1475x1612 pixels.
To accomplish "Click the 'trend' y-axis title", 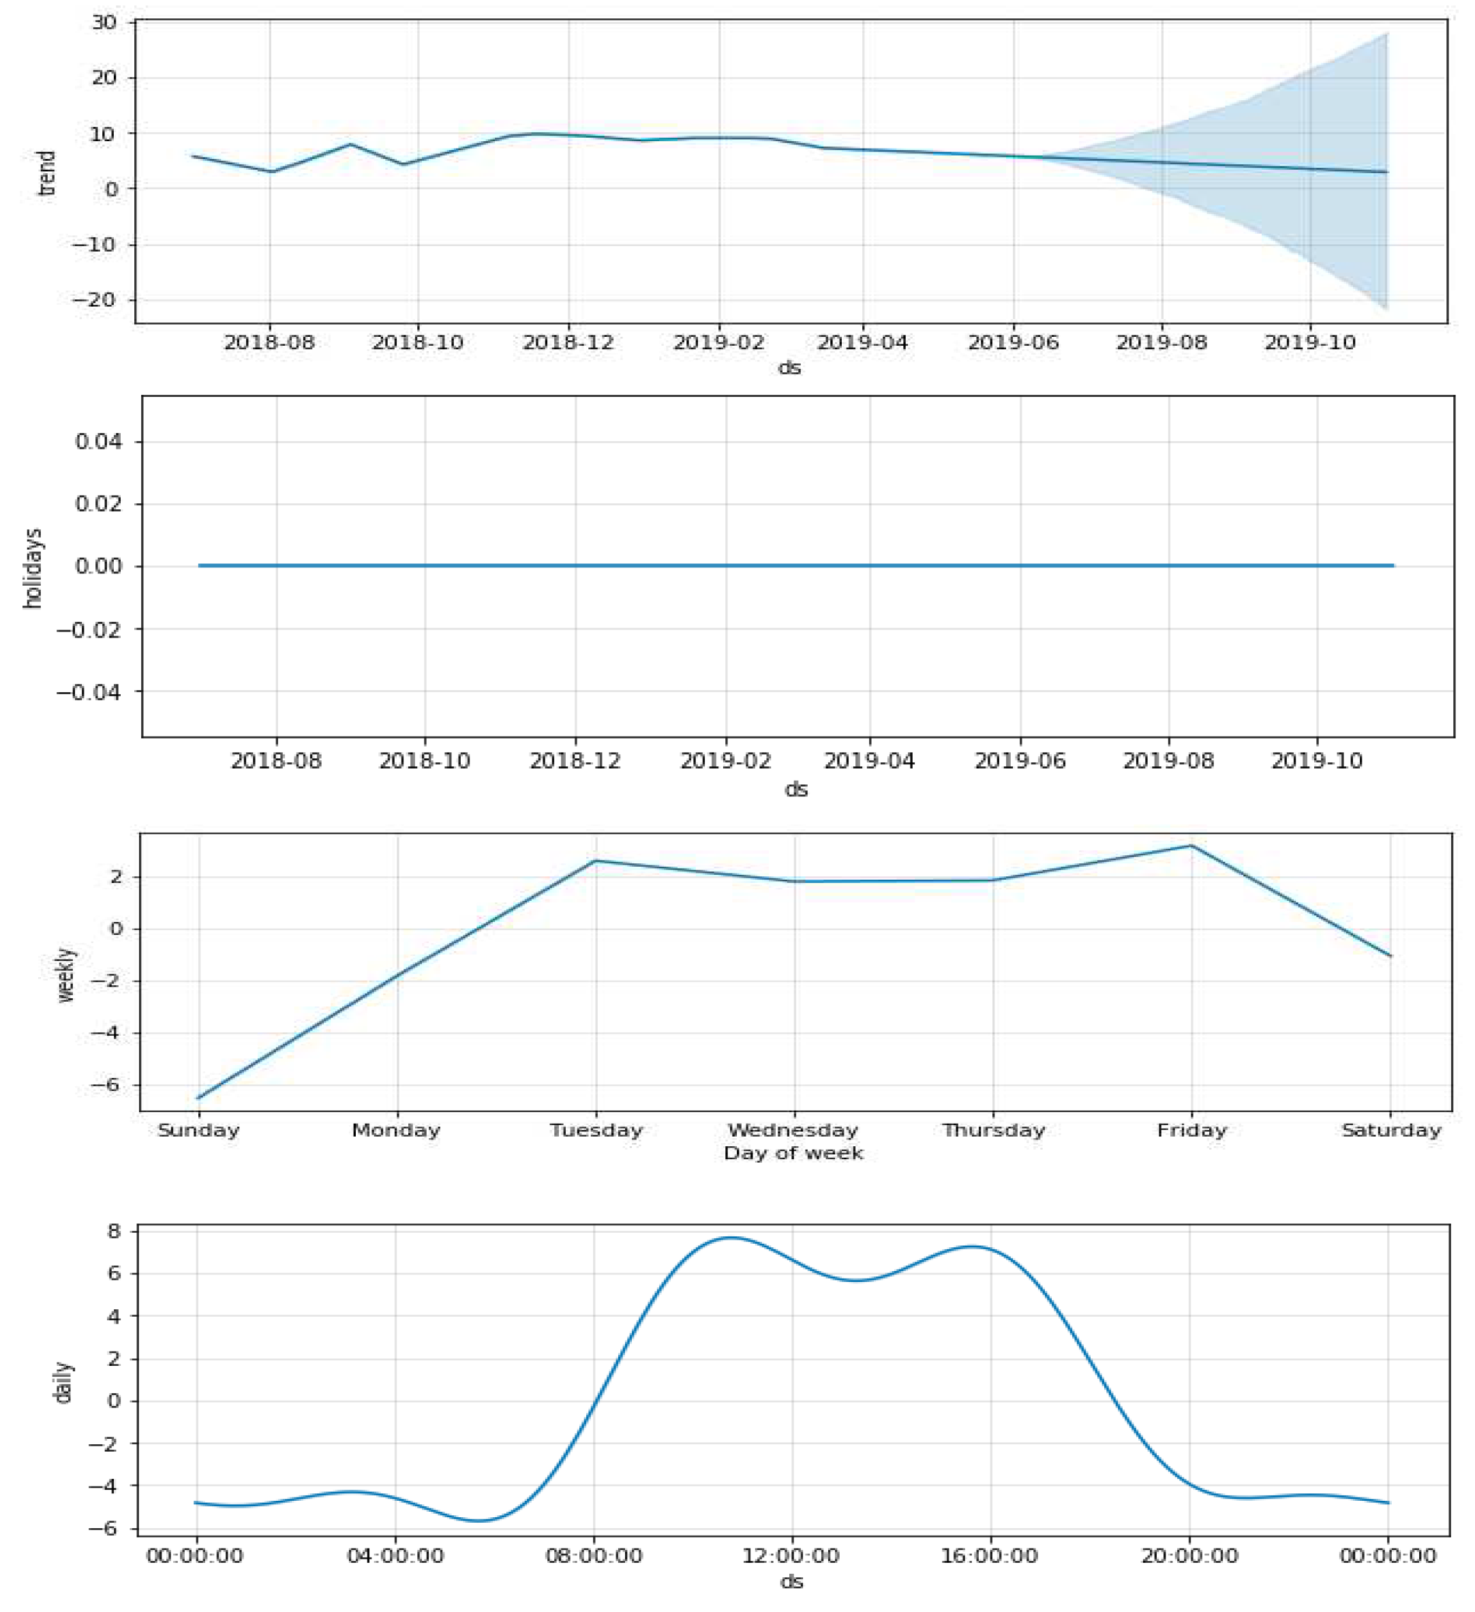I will point(47,173).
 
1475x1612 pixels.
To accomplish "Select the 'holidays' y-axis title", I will point(33,568).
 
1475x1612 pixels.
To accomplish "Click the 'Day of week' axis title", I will point(793,1153).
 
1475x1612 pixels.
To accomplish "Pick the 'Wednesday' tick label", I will point(793,1131).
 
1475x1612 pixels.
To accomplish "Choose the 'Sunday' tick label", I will point(198,1131).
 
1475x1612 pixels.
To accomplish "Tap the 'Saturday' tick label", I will point(1391,1131).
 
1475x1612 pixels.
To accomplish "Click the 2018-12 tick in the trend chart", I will point(568,343).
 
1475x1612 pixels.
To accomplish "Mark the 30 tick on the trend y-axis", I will point(104,23).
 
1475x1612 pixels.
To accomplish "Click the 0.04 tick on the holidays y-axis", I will point(98,441).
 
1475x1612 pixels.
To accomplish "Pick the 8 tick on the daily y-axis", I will point(114,1232).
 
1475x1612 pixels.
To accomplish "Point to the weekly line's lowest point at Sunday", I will point(199,1098).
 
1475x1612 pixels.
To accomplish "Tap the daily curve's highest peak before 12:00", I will point(731,1238).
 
